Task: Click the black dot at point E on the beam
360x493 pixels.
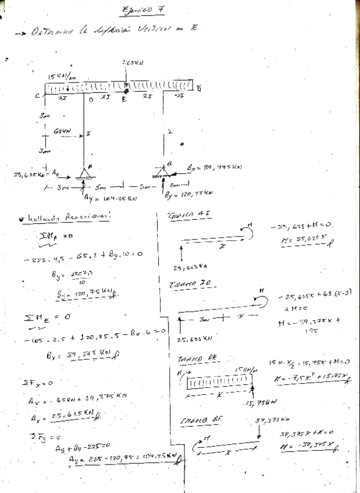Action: tap(127, 90)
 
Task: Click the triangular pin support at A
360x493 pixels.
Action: tap(84, 173)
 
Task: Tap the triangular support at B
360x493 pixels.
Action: tap(165, 172)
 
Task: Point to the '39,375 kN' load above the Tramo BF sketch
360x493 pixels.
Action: tap(270, 420)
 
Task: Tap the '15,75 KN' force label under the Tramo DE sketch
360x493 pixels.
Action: tap(259, 402)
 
